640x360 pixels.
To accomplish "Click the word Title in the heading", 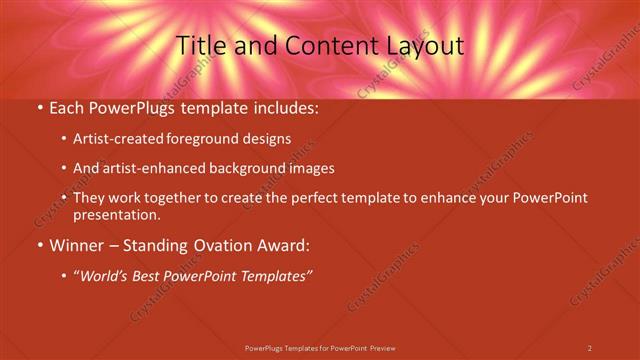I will pyautogui.click(x=200, y=46).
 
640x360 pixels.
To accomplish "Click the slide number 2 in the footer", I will pyautogui.click(x=589, y=347).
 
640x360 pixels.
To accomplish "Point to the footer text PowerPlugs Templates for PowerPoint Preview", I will pyautogui.click(x=320, y=347).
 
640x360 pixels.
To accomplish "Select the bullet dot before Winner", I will pyautogui.click(x=39, y=246).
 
